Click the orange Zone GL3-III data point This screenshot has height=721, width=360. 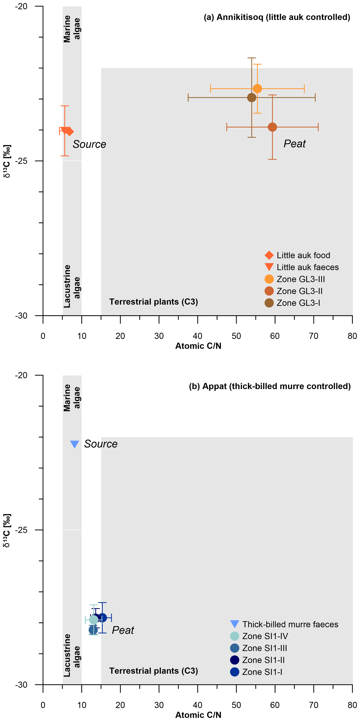(257, 88)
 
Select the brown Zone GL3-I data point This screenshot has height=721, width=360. (252, 97)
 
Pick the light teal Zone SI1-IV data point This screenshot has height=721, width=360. (94, 619)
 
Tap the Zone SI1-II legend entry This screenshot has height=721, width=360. (263, 660)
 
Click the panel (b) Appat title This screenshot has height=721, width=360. (270, 386)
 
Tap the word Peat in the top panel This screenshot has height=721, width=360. (295, 144)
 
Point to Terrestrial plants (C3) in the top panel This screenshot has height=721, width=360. (153, 302)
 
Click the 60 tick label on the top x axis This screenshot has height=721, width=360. (275, 336)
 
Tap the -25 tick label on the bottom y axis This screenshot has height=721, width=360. (21, 530)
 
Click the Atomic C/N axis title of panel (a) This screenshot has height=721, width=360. (198, 346)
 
